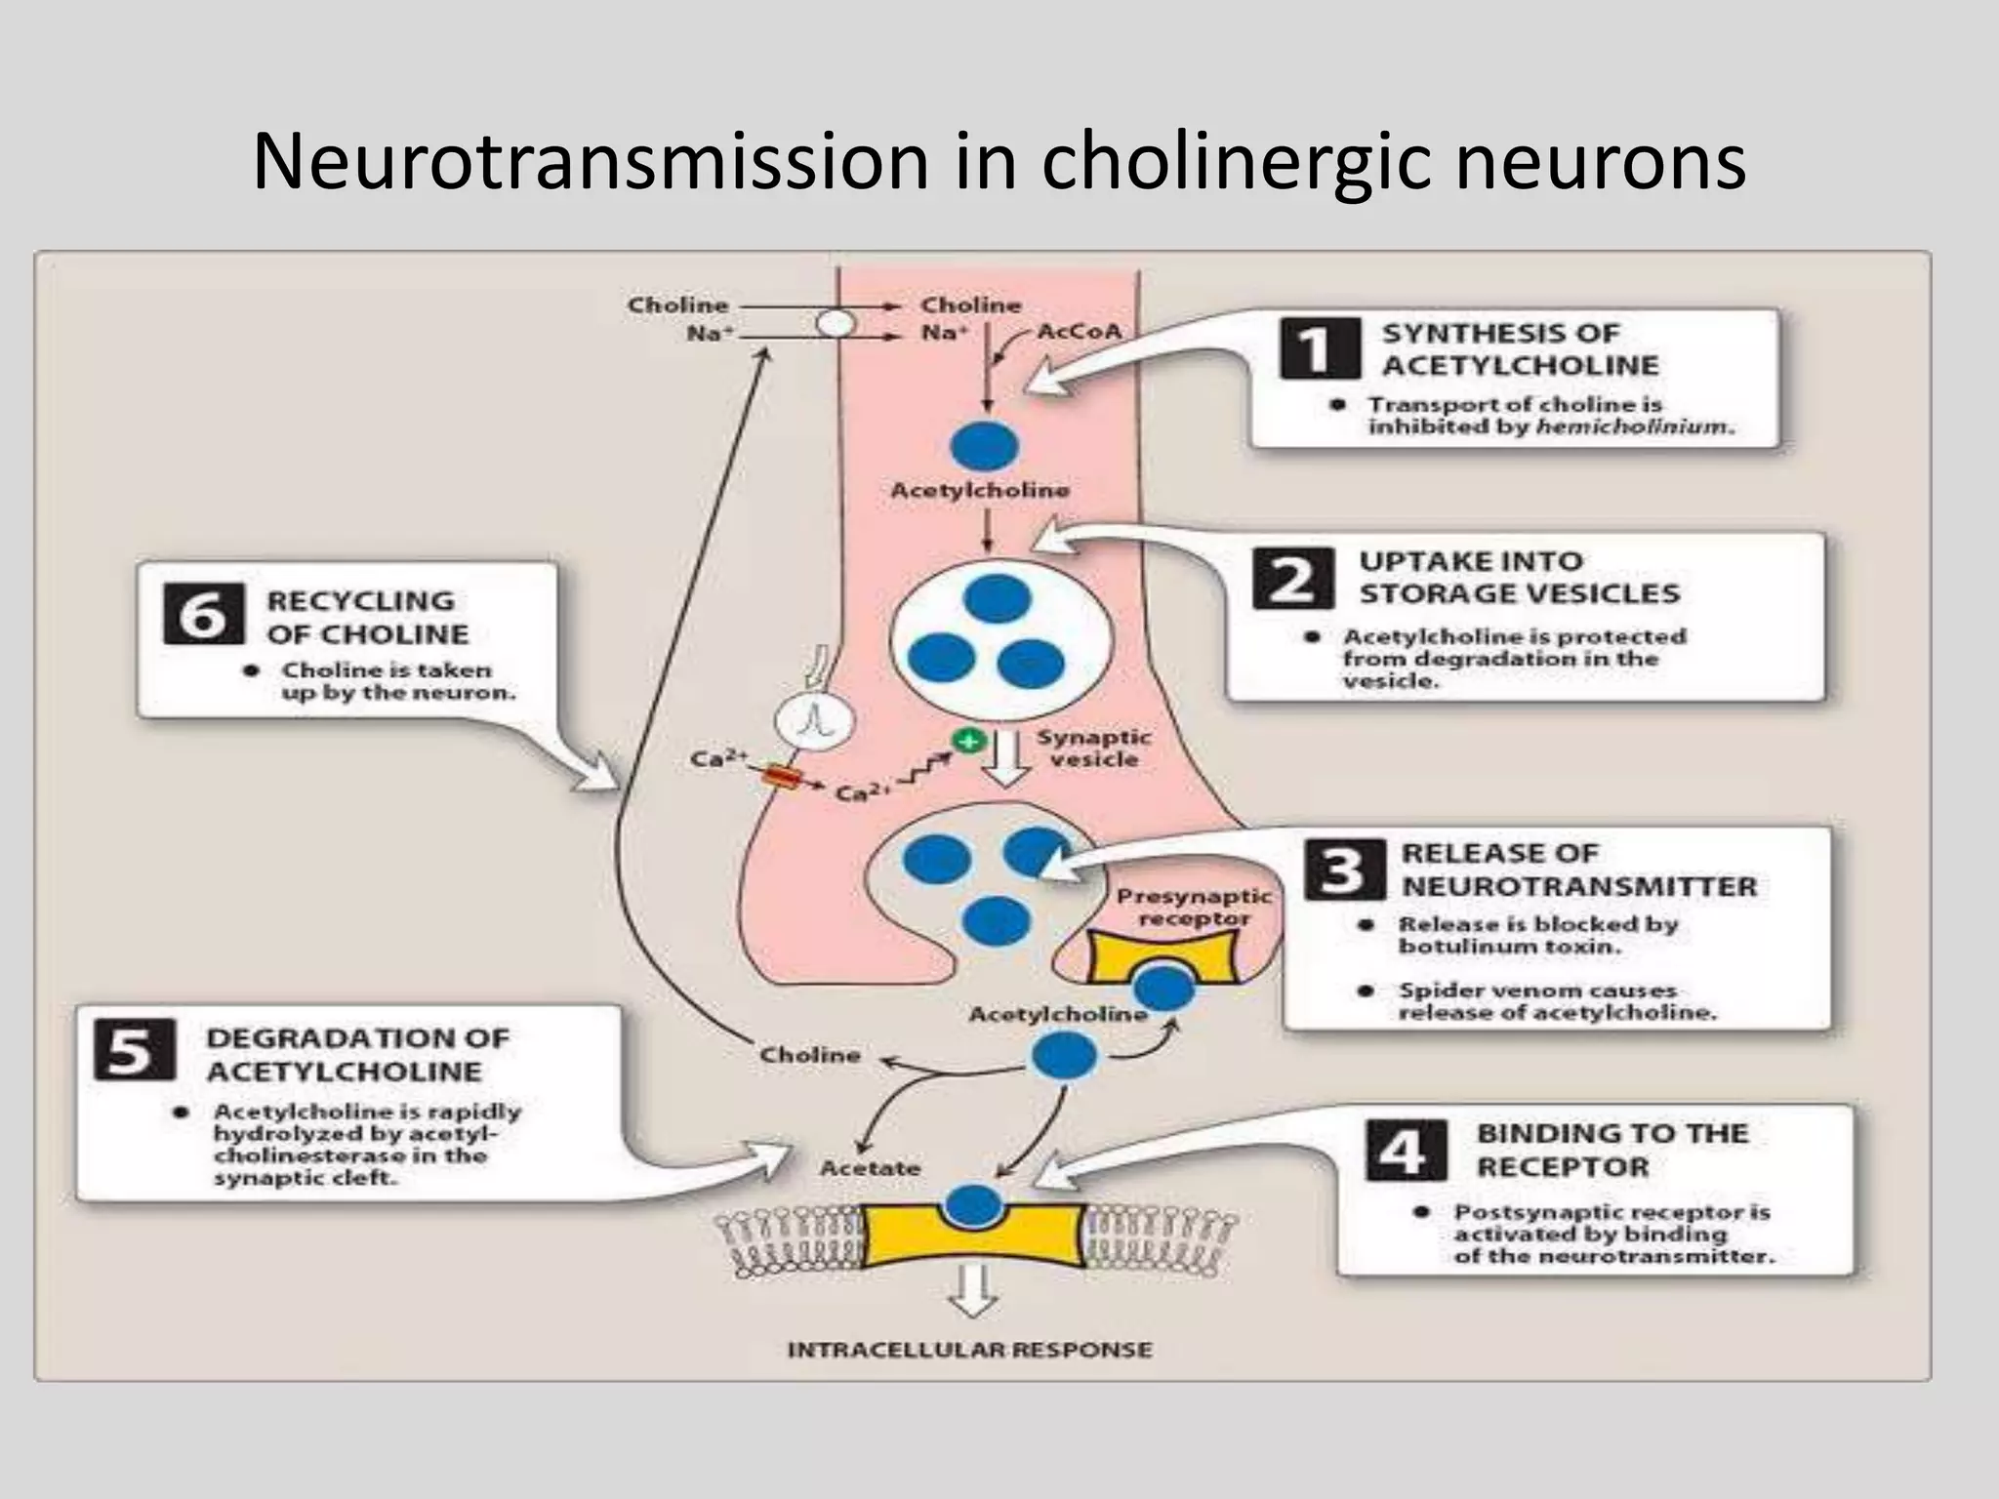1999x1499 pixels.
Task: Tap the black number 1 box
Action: (1319, 348)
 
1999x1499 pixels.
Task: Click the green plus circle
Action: (967, 741)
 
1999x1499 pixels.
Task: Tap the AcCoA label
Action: (1079, 332)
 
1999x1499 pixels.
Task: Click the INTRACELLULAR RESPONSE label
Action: (969, 1350)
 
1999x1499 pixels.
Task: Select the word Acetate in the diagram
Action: (870, 1168)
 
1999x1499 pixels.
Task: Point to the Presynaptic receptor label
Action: (1193, 907)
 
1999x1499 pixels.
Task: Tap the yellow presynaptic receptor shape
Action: (1162, 956)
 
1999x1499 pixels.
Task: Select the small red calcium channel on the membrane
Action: (782, 777)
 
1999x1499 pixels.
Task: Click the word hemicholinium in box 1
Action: (1634, 426)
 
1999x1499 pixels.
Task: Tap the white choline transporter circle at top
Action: (836, 323)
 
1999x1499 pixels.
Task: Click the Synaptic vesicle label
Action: (1092, 748)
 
